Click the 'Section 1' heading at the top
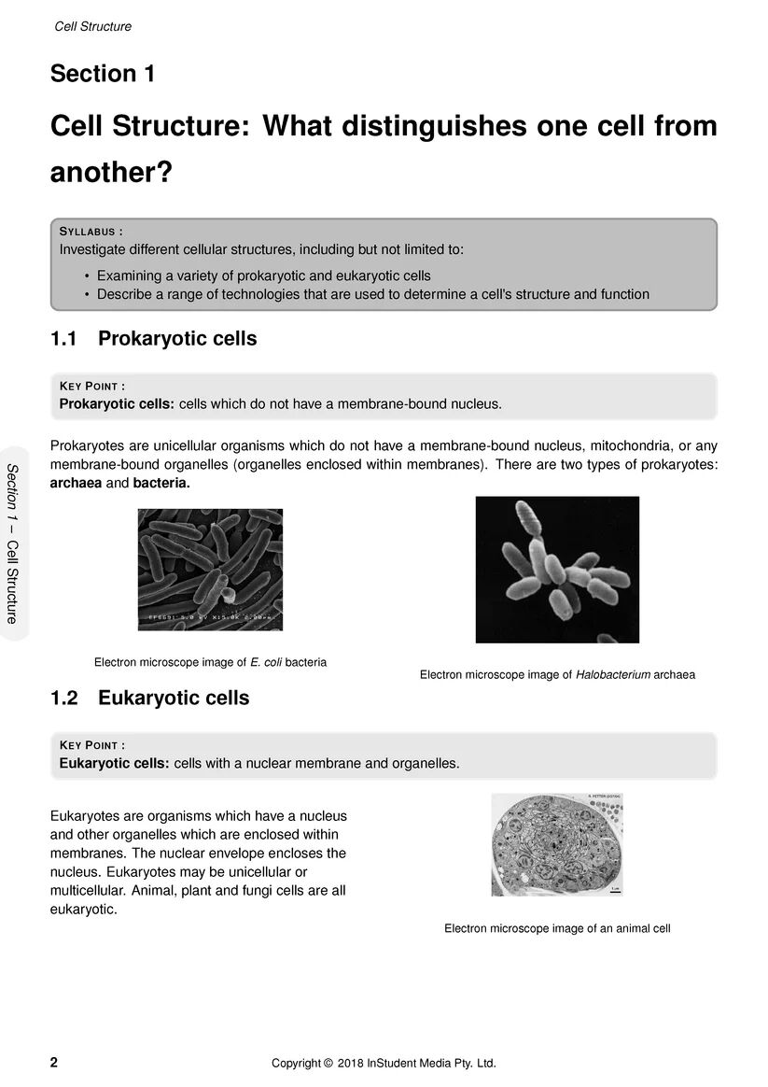coord(103,74)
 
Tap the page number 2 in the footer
coord(54,1063)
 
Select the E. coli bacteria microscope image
coord(210,570)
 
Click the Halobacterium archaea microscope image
coord(557,570)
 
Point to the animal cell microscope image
coord(557,844)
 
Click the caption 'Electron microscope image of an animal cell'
coord(557,928)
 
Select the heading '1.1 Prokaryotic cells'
coord(153,338)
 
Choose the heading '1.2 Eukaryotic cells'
coord(149,698)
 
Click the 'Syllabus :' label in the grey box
coord(91,232)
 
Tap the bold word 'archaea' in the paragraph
coord(75,484)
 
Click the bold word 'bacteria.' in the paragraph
coord(161,484)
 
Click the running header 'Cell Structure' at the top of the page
coord(93,26)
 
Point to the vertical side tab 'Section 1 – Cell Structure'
coord(12,543)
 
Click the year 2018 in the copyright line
coord(350,1063)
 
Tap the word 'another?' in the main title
coord(111,173)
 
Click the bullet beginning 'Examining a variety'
coord(263,275)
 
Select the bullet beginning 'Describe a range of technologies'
coord(372,294)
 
